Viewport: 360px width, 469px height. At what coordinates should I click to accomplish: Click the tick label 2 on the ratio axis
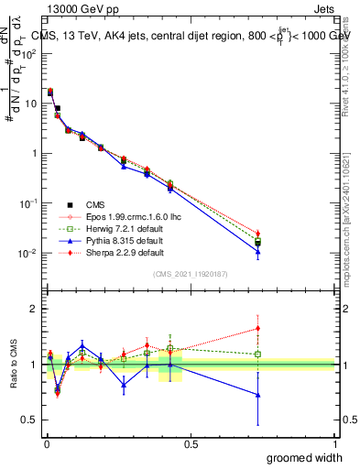[34, 309]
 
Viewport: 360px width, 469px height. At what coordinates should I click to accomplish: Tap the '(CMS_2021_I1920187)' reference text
[191, 274]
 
